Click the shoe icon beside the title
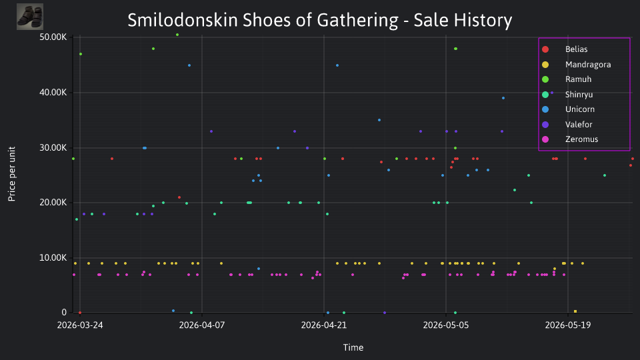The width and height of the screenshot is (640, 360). [x=30, y=17]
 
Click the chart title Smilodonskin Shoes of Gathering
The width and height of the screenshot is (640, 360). [x=263, y=21]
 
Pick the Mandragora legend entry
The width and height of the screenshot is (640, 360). [x=576, y=65]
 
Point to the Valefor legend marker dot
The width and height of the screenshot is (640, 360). [x=545, y=125]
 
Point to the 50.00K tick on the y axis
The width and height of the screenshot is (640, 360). [x=53, y=37]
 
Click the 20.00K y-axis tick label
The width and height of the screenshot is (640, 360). [x=53, y=203]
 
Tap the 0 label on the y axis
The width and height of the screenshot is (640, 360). [x=64, y=312]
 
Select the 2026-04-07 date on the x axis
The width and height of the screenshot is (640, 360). [x=202, y=325]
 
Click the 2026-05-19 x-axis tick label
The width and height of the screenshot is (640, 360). [x=568, y=325]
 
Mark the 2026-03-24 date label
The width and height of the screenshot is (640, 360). [x=80, y=325]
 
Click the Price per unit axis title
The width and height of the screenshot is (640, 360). [x=12, y=174]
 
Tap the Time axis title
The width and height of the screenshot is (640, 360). [x=353, y=347]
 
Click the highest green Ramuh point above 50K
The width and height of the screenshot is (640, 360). [x=177, y=35]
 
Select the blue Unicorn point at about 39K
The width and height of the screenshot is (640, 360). [x=503, y=98]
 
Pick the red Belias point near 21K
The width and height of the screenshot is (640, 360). [x=179, y=197]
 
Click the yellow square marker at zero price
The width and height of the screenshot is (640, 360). [x=575, y=311]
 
